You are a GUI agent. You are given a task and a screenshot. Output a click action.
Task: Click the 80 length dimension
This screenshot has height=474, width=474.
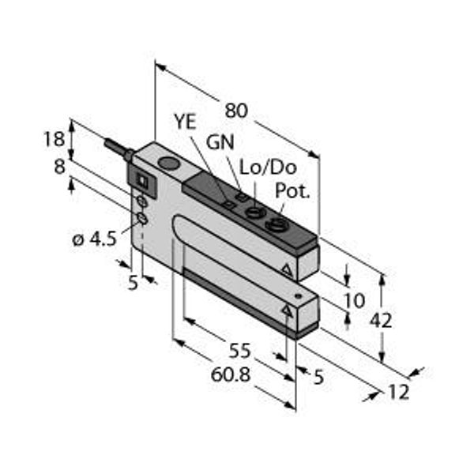[236, 111]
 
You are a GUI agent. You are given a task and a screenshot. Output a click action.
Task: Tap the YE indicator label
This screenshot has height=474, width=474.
[186, 122]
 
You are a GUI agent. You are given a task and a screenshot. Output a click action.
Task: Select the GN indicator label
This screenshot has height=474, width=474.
[220, 142]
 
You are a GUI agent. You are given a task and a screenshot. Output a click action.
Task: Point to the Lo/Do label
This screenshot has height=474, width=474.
[268, 167]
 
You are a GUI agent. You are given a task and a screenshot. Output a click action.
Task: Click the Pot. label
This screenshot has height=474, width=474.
[292, 190]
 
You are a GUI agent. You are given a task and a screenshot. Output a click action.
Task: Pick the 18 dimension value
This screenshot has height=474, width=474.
[55, 139]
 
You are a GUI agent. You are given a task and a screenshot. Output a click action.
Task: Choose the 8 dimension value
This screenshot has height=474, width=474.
[59, 167]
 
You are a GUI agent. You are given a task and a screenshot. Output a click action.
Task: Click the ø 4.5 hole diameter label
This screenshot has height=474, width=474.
[95, 239]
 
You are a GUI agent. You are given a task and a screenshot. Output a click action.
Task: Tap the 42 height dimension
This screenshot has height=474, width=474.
[381, 321]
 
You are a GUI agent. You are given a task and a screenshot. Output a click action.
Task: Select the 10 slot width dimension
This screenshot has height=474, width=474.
[355, 300]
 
